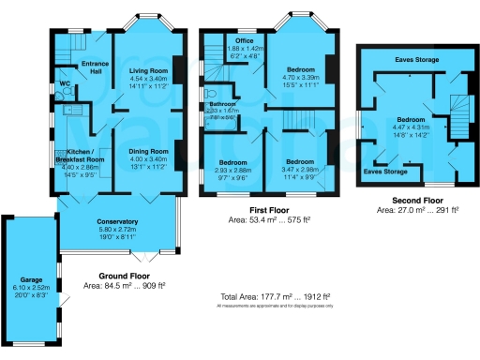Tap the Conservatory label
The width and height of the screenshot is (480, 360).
(x=117, y=221)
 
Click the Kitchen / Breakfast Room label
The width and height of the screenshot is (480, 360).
(x=79, y=156)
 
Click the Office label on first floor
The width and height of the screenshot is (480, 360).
(x=246, y=41)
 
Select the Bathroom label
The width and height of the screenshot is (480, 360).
(x=223, y=104)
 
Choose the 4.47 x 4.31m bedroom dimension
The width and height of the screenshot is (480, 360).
(x=412, y=127)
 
